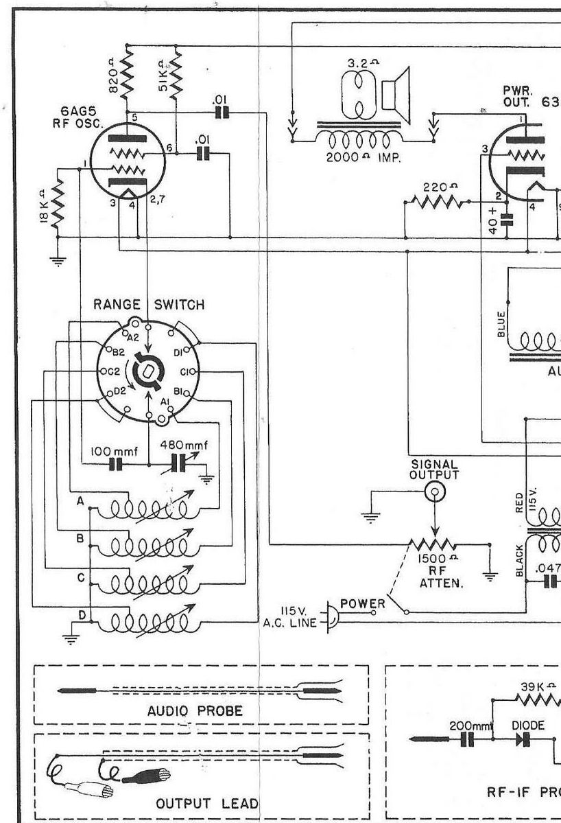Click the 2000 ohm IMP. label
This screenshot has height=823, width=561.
point(362,155)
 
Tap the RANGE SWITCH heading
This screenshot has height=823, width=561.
point(148,305)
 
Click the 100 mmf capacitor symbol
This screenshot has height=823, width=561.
point(115,465)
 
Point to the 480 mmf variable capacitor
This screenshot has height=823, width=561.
point(180,465)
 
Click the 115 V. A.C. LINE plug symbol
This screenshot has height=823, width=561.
point(331,615)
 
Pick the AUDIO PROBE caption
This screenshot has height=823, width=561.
point(195,710)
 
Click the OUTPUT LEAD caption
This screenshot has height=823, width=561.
point(208,803)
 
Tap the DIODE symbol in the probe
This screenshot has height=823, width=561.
point(527,739)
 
